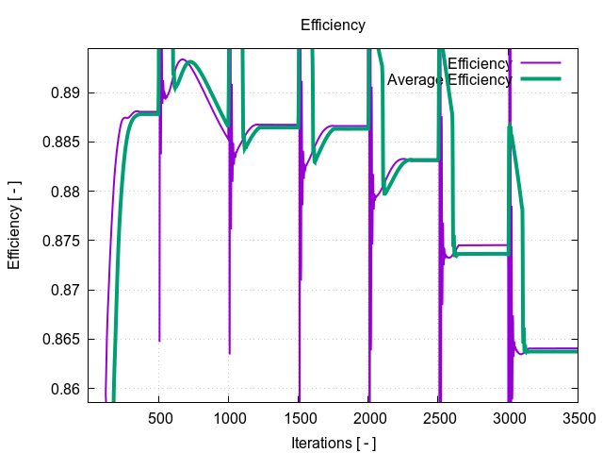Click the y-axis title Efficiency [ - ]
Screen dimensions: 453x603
click(14, 226)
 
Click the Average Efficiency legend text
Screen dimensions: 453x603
click(449, 80)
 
